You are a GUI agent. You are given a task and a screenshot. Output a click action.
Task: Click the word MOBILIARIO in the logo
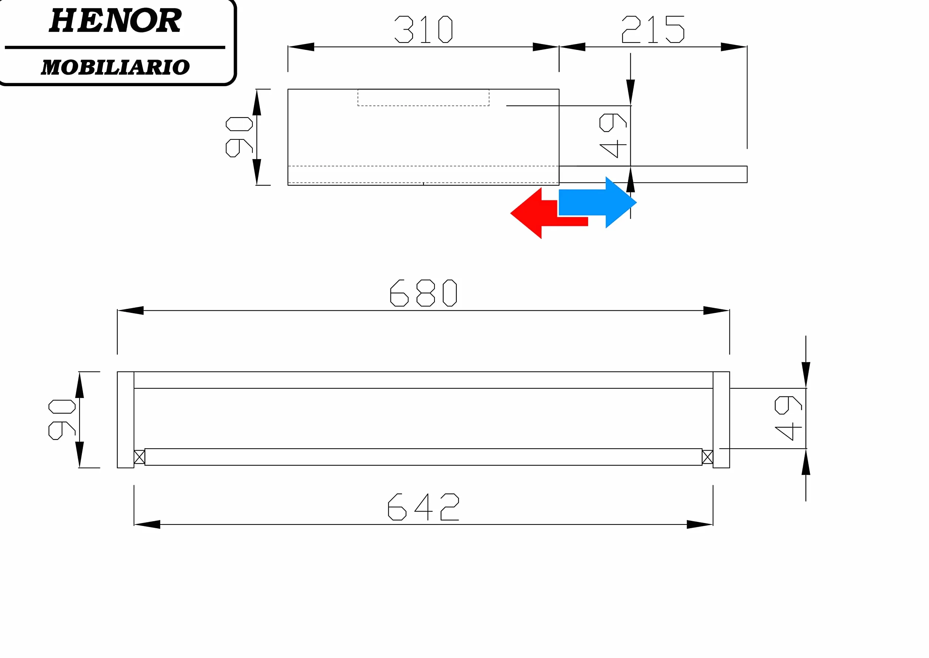(x=115, y=67)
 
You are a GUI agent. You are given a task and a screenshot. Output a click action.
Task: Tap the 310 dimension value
(x=423, y=29)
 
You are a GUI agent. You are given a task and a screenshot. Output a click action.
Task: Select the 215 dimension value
(x=653, y=29)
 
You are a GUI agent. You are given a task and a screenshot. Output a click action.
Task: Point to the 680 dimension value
(x=423, y=293)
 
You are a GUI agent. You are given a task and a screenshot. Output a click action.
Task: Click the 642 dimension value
(x=423, y=507)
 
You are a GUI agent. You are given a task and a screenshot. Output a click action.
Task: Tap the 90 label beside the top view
(x=239, y=137)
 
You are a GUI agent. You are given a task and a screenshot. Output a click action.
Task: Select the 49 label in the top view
(x=613, y=135)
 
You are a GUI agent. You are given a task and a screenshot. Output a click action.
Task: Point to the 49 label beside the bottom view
(x=788, y=418)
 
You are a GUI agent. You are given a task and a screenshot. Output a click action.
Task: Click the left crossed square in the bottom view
(x=140, y=457)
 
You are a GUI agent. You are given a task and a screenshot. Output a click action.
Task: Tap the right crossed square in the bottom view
(x=708, y=457)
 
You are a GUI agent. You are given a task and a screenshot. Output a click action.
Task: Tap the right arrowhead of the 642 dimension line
(x=700, y=524)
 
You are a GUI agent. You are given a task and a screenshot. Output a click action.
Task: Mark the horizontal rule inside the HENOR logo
(x=115, y=47)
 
